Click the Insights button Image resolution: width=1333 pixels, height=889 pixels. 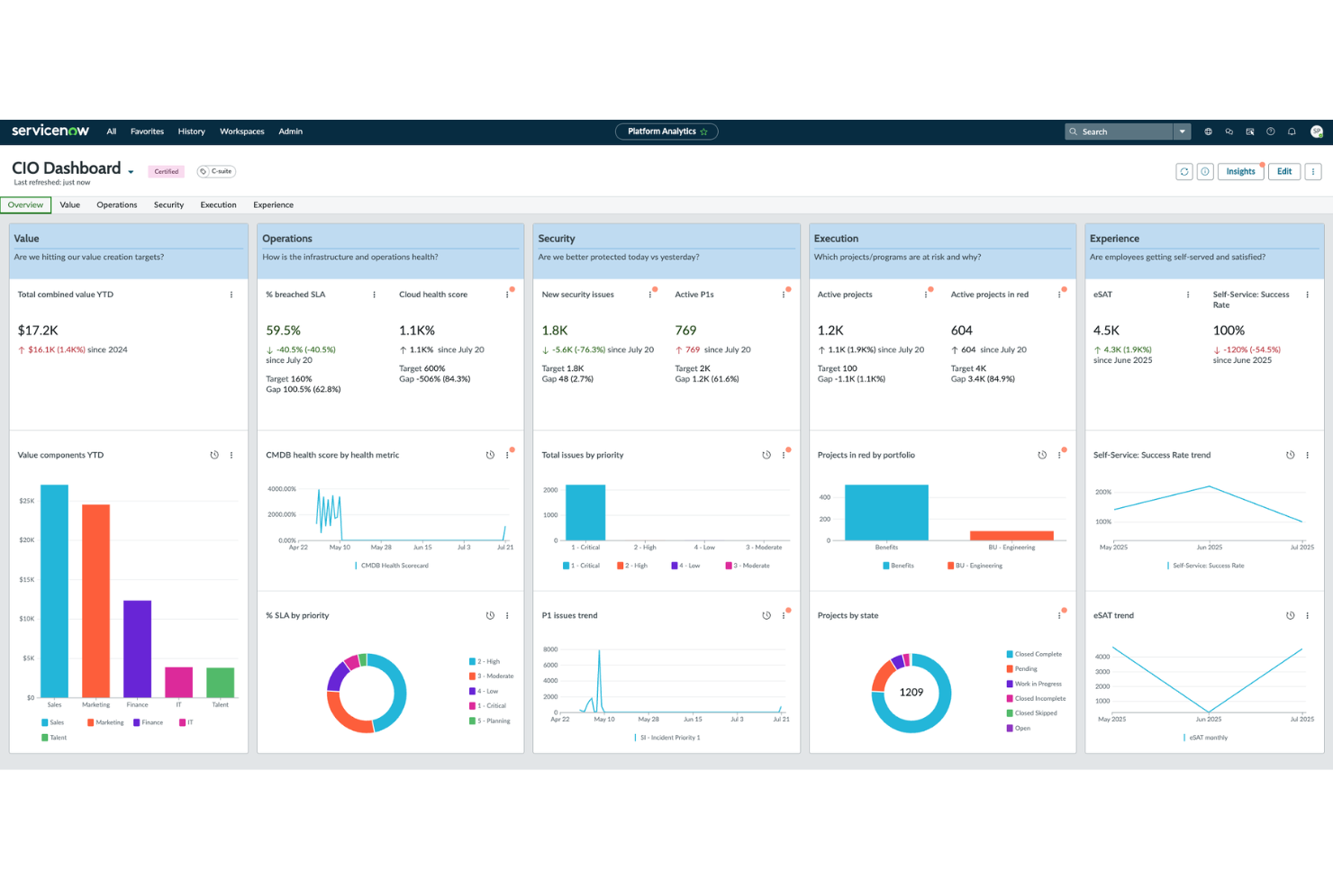pos(1240,171)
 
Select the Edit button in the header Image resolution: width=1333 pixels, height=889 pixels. pos(1283,171)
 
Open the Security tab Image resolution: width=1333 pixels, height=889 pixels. pos(168,205)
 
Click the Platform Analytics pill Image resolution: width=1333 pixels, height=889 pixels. pos(666,132)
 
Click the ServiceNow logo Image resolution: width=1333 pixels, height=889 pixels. pos(50,131)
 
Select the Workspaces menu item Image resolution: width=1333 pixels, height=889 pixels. pos(241,132)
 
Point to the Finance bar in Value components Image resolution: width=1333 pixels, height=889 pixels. pos(137,649)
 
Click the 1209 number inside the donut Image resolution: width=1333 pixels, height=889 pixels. pos(911,693)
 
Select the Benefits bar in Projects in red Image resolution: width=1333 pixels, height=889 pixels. pos(886,513)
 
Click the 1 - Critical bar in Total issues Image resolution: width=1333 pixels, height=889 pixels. pos(585,513)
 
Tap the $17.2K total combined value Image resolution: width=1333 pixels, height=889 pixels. pos(38,331)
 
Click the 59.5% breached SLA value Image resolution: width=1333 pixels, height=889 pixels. pos(283,331)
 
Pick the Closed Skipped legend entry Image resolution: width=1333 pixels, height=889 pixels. pos(1036,713)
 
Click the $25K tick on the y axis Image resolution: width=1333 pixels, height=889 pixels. pos(27,501)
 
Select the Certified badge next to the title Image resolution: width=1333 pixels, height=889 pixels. pos(166,171)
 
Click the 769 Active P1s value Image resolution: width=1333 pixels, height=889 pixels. pos(685,331)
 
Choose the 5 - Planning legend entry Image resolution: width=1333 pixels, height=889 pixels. pos(493,721)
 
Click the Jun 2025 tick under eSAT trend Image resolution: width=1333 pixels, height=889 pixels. pos(1209,720)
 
